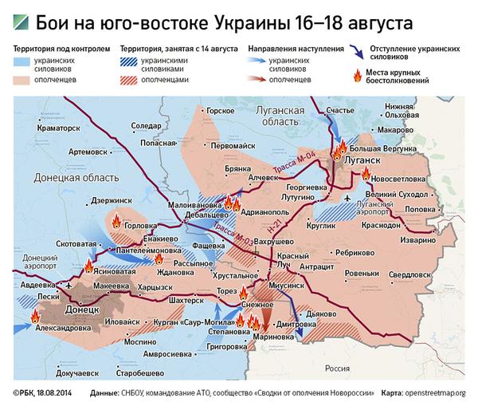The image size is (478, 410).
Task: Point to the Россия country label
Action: click(337, 369)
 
